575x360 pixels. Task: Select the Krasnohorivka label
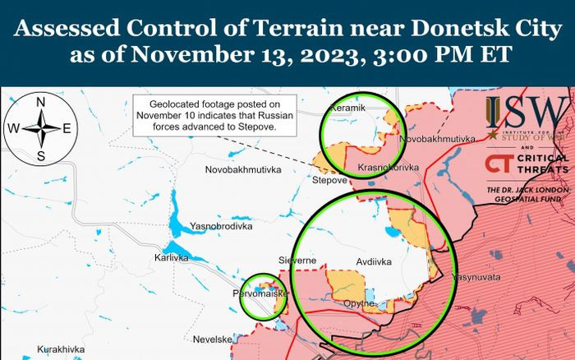click(389, 167)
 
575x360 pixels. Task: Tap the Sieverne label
click(297, 260)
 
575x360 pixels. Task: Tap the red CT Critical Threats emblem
click(497, 164)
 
